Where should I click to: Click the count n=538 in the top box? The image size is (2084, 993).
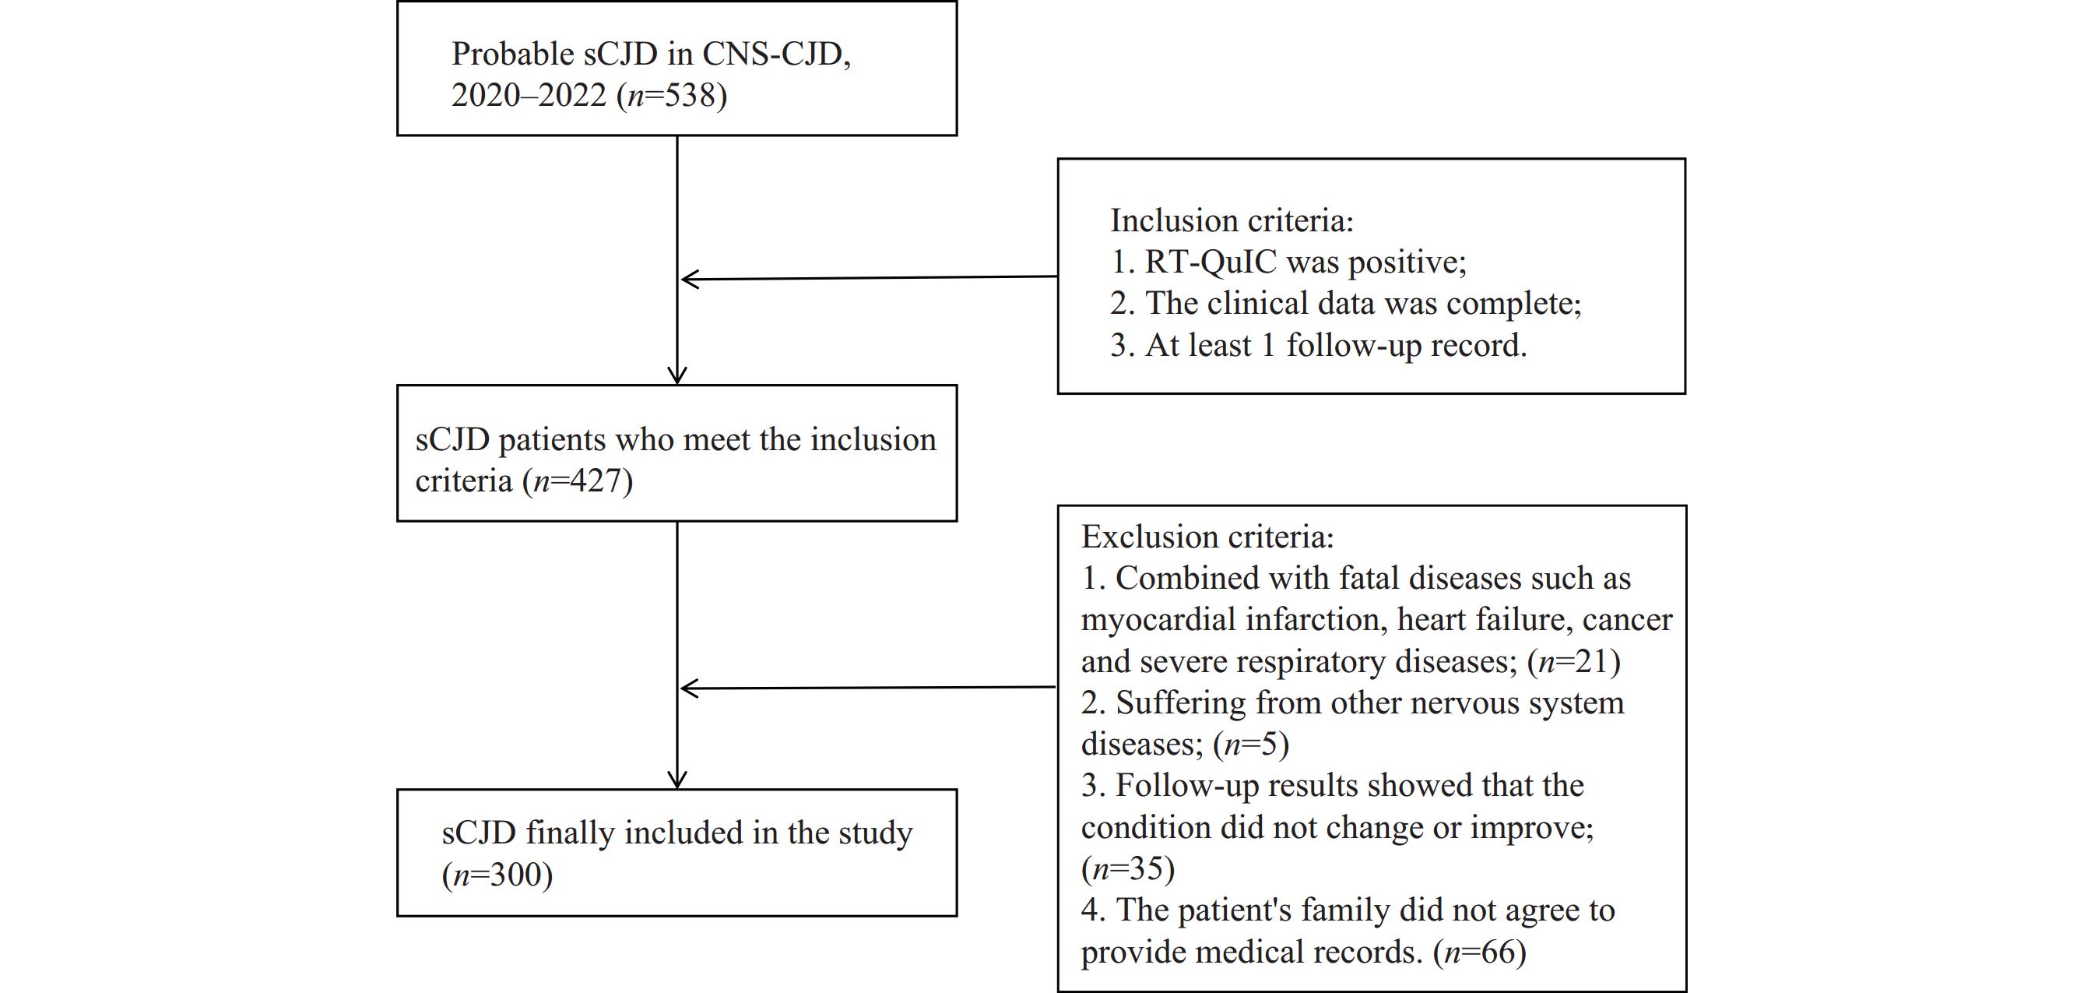tap(672, 96)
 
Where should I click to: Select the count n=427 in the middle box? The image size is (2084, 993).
tap(578, 481)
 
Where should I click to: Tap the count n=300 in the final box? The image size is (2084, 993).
tap(497, 874)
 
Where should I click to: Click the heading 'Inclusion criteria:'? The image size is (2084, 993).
tap(1232, 220)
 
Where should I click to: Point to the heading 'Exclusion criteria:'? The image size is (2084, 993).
tap(1207, 537)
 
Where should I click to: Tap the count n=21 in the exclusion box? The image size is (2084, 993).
tap(1573, 662)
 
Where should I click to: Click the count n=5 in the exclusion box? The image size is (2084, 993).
tap(1251, 744)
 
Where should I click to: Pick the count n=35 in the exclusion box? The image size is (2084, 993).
tap(1128, 868)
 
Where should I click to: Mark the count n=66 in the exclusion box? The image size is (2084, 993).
tap(1480, 952)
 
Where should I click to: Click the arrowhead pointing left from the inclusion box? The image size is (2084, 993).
tap(690, 279)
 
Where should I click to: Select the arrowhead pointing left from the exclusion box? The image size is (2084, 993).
tap(690, 688)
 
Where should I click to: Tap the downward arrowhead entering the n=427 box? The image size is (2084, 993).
tap(677, 375)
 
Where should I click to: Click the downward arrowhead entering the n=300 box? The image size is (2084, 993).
tap(677, 780)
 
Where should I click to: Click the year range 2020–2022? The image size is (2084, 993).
tap(529, 96)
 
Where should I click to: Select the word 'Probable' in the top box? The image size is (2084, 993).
tap(513, 55)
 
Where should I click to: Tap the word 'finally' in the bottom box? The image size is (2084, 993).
tap(571, 833)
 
